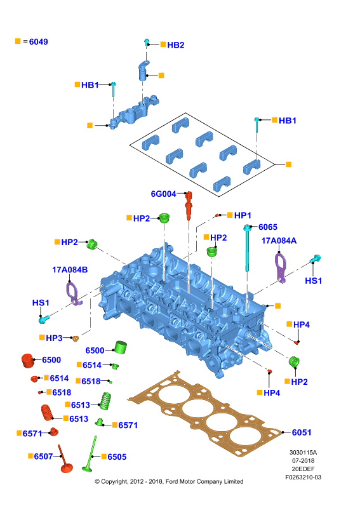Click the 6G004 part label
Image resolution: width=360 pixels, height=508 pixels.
[163, 194]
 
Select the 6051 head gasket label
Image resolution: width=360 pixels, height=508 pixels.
[302, 432]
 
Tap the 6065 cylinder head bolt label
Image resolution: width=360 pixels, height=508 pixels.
[268, 227]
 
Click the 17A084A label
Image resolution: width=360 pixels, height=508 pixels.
[279, 241]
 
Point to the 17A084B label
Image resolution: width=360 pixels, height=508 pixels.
[70, 269]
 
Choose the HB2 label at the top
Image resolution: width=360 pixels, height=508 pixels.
[176, 45]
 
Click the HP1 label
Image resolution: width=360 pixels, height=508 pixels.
[243, 215]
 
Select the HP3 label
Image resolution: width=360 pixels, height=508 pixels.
[54, 338]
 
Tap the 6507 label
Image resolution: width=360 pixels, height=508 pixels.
[43, 456]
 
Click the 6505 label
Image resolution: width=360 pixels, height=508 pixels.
[117, 457]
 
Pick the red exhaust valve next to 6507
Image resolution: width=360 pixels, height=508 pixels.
[65, 460]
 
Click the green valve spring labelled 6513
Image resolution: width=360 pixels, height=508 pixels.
[105, 401]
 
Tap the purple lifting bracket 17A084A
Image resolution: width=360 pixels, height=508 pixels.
[281, 268]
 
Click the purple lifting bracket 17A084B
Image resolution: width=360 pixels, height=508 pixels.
[74, 293]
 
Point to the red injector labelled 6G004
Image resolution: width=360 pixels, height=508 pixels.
[189, 205]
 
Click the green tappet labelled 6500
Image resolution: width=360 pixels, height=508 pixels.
[121, 347]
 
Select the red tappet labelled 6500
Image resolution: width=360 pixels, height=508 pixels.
[27, 361]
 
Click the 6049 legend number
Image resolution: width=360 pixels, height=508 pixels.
[39, 42]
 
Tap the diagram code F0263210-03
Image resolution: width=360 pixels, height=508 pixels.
[303, 478]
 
